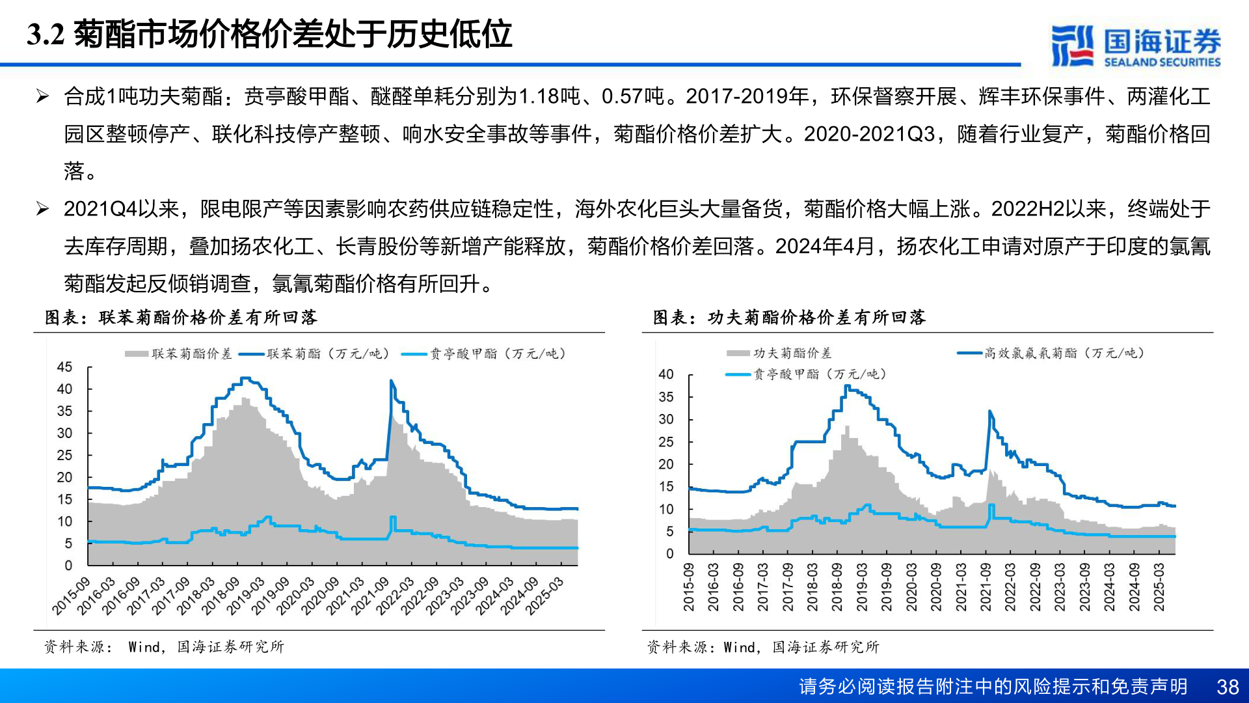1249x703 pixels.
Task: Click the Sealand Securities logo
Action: click(x=1136, y=46)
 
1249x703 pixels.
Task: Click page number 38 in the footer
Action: click(x=1228, y=687)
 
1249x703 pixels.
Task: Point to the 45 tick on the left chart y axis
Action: click(x=64, y=367)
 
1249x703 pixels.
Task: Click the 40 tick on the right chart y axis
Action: click(x=665, y=374)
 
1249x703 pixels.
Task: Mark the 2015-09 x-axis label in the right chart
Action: click(x=688, y=587)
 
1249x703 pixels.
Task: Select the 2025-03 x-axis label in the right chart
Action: click(x=1159, y=587)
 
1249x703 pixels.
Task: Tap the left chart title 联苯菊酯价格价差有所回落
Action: click(x=181, y=317)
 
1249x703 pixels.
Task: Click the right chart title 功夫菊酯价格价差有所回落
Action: click(x=789, y=317)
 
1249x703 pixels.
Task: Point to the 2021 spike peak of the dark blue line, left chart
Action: click(x=392, y=381)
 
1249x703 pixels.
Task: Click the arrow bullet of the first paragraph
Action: click(x=42, y=97)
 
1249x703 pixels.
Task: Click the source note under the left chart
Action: click(x=164, y=646)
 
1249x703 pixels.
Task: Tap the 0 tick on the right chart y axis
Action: click(x=669, y=554)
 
